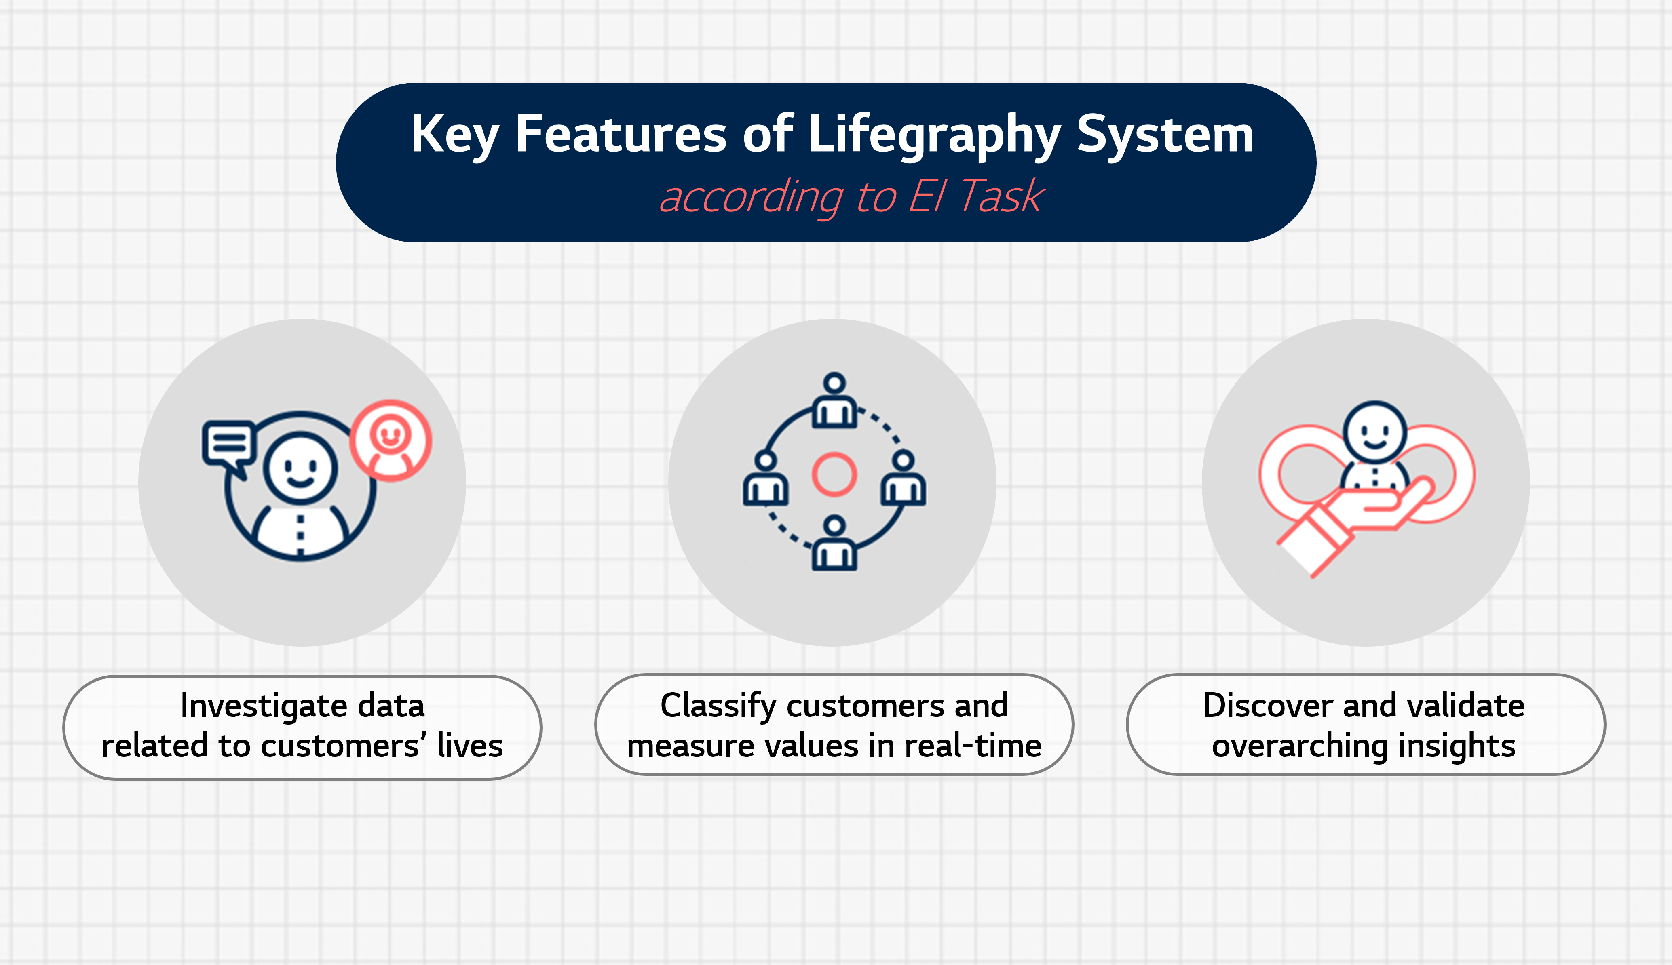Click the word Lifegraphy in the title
(935, 136)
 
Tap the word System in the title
(1165, 136)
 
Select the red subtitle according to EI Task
(852, 197)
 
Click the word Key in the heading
(455, 136)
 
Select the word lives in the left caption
(470, 746)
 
